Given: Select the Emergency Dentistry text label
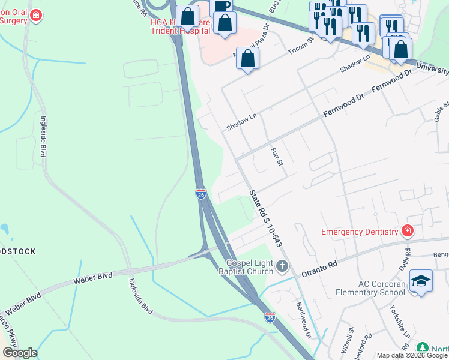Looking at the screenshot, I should tap(360, 232).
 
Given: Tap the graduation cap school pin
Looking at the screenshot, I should tap(421, 281).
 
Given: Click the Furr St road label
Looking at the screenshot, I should tap(277, 158).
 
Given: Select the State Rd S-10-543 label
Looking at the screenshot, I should tap(265, 218).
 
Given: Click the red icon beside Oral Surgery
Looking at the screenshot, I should tap(36, 14).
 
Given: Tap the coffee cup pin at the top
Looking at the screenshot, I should tap(221, 6).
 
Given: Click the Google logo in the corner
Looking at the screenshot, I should tap(19, 353).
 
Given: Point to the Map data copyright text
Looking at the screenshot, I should tap(412, 355).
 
